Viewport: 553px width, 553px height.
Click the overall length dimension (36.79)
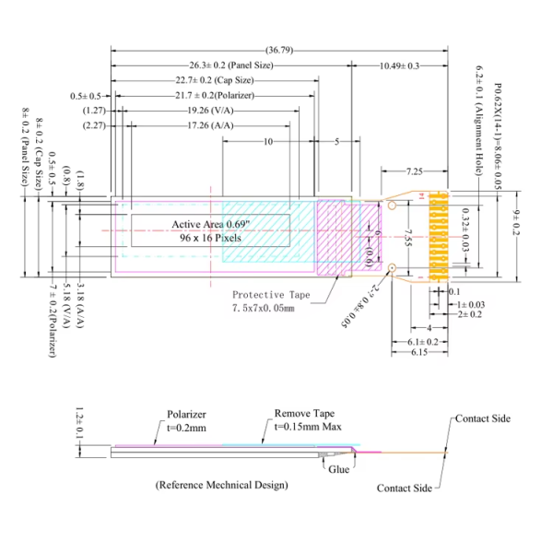[279, 49]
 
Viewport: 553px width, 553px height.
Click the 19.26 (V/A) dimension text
[206, 110]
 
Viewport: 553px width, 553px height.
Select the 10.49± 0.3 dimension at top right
[399, 65]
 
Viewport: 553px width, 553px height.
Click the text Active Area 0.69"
[210, 224]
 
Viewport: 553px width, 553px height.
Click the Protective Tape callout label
[271, 294]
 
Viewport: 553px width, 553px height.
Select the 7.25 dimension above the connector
[414, 171]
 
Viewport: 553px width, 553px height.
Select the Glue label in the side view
[338, 468]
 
